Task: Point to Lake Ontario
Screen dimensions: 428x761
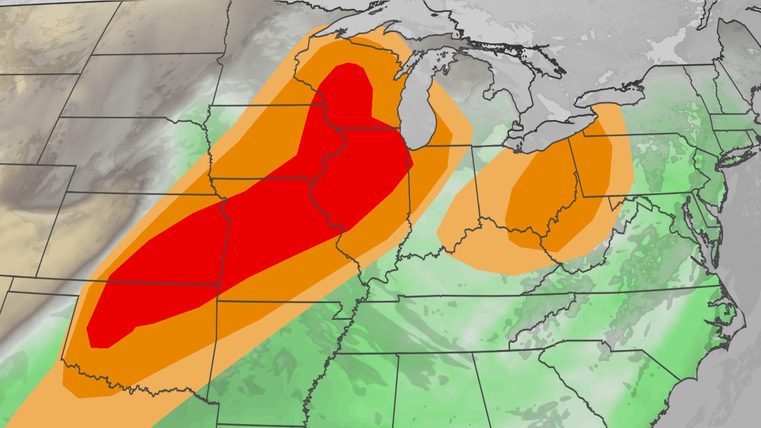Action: coord(612,95)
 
